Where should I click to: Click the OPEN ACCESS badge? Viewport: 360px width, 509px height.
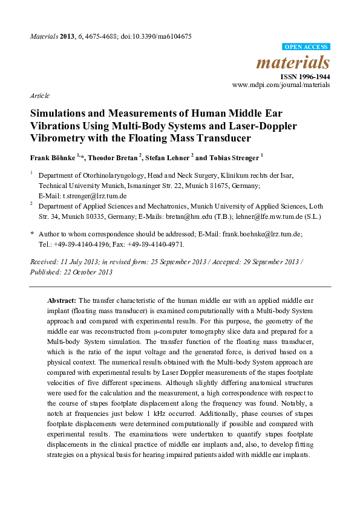click(x=306, y=47)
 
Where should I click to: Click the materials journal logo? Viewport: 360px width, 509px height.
click(x=293, y=62)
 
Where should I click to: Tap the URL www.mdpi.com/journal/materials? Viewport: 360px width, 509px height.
click(x=281, y=86)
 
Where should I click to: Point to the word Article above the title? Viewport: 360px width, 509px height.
click(x=39, y=96)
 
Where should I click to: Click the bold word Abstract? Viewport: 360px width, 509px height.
click(x=62, y=300)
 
